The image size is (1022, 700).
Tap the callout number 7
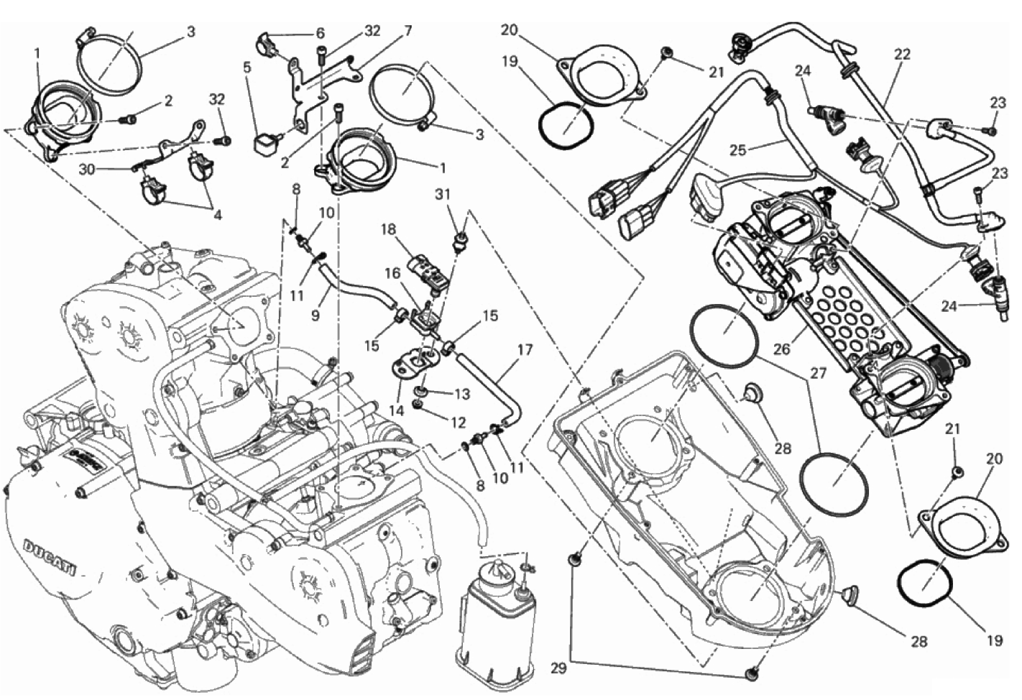408,31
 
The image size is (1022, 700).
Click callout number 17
525,351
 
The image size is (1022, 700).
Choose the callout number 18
389,229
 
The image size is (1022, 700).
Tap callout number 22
902,54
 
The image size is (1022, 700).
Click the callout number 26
781,350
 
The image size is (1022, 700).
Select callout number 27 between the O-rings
819,374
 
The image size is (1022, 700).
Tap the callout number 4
217,215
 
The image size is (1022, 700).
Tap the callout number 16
392,273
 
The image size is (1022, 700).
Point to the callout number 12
458,423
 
